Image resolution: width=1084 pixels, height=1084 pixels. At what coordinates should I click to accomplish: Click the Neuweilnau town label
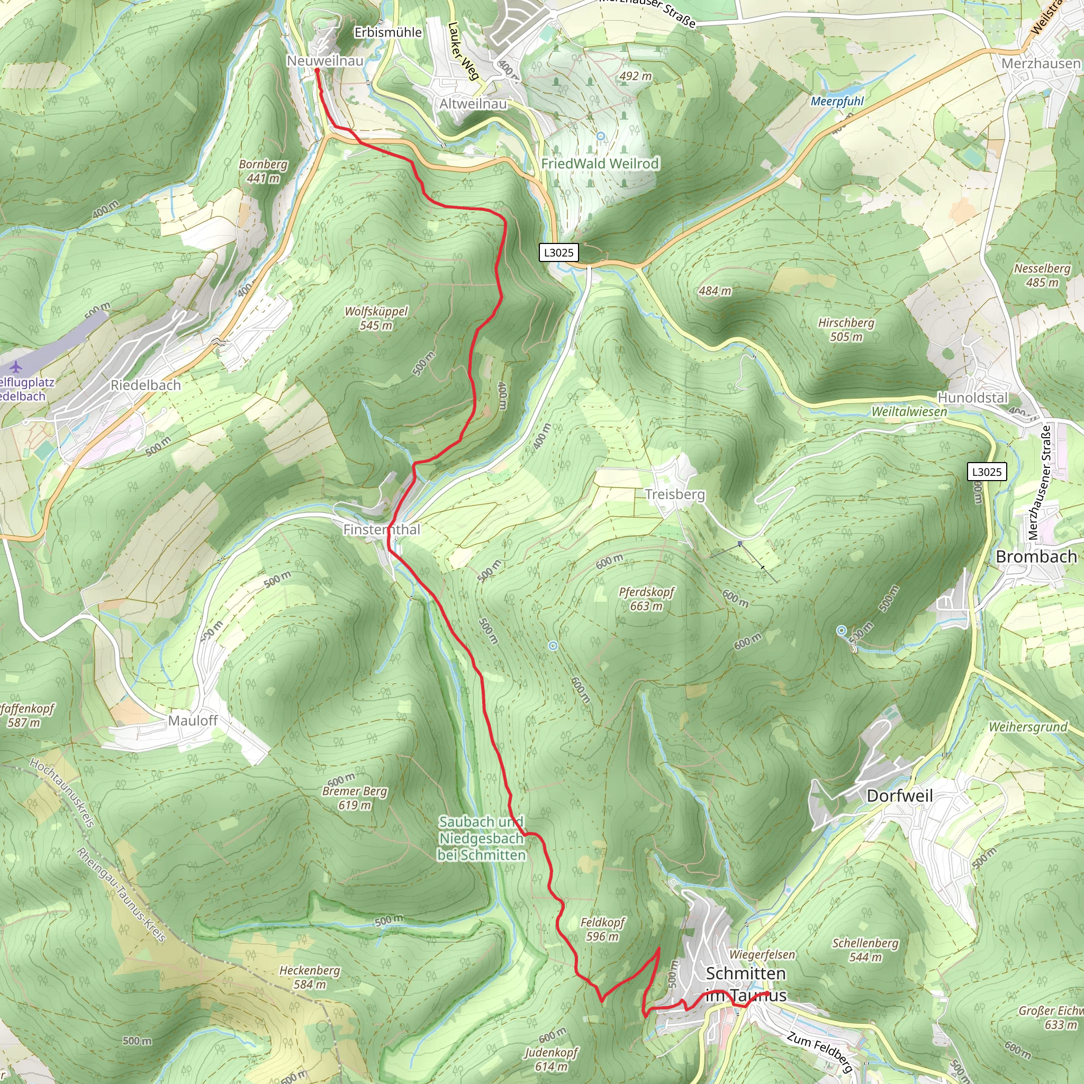[x=325, y=60]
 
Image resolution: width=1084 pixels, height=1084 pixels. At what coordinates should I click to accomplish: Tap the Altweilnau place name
[x=473, y=104]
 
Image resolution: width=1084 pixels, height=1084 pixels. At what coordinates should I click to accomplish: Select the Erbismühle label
[x=387, y=32]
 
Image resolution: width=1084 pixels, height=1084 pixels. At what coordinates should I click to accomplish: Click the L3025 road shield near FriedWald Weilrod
[x=559, y=252]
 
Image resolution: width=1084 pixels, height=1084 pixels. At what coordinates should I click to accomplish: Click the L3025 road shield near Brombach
[x=987, y=471]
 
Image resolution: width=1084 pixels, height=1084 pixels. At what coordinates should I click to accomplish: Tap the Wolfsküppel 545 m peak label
[x=376, y=318]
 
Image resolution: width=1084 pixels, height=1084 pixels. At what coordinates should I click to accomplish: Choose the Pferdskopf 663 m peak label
[x=646, y=599]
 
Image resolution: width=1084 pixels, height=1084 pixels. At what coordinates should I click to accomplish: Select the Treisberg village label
[x=674, y=494]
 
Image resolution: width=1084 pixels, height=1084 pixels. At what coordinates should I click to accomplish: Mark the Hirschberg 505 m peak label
[x=846, y=329]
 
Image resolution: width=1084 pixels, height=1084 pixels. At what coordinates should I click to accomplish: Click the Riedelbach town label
[x=146, y=385]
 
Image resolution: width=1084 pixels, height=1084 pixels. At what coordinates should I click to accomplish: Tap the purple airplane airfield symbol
[x=16, y=367]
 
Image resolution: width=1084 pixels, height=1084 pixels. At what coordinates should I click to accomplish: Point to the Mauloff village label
[x=193, y=720]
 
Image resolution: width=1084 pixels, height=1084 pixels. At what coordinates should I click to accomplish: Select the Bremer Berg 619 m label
[x=355, y=798]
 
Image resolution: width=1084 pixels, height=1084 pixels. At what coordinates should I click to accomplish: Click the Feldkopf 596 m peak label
[x=602, y=929]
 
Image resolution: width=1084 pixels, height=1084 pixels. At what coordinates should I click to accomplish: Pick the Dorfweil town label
[x=899, y=796]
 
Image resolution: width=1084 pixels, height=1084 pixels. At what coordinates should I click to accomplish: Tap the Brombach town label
[x=1036, y=557]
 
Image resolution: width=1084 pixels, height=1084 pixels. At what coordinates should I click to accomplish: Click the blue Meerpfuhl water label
[x=837, y=102]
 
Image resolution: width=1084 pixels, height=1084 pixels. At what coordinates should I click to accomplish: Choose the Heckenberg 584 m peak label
[x=310, y=977]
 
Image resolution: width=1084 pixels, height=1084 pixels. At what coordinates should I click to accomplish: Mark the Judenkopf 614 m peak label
[x=551, y=1059]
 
